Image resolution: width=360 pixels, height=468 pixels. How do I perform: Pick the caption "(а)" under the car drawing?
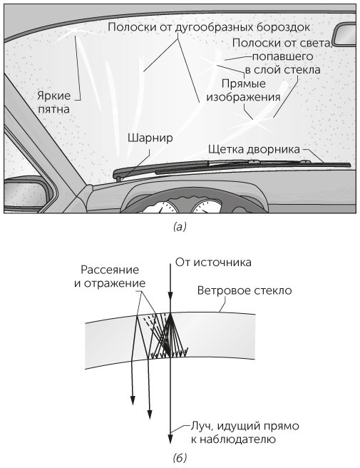point(180,228)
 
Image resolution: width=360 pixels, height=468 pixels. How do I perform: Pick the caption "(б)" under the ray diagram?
point(180,457)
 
